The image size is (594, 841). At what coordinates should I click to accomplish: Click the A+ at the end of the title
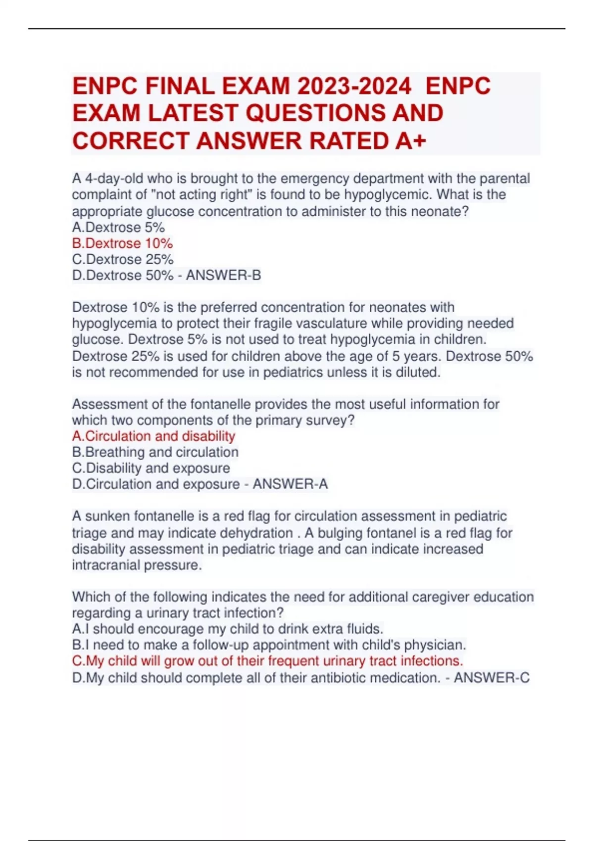[411, 141]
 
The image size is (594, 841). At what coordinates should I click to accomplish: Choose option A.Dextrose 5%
[118, 228]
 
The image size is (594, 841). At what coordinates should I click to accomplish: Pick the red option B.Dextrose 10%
[122, 243]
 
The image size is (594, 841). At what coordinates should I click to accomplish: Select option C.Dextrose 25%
[123, 259]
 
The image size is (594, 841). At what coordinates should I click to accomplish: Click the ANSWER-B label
[223, 276]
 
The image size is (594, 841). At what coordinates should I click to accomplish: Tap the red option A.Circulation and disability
[153, 436]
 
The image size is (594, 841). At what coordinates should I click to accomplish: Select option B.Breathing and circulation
[155, 452]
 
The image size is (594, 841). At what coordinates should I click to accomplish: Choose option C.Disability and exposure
[151, 468]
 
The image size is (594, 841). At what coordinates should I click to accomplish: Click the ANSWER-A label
[290, 484]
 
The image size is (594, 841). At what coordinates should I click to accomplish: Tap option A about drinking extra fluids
[228, 629]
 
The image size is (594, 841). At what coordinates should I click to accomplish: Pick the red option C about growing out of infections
[267, 661]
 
